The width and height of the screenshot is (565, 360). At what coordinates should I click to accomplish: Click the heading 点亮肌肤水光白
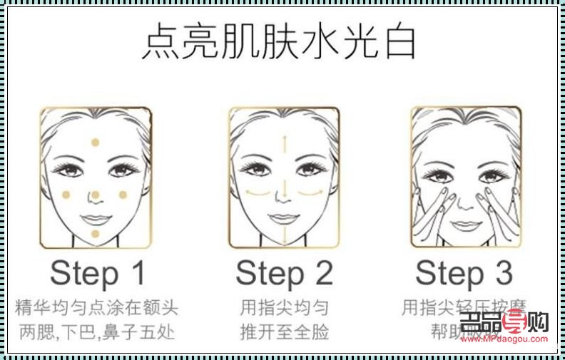coord(279,43)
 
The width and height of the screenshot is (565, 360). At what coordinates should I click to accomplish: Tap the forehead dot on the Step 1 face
coord(94,143)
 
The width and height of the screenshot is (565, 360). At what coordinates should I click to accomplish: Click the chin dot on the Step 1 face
coord(94,234)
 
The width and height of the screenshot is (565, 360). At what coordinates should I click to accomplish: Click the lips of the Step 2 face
coord(283,216)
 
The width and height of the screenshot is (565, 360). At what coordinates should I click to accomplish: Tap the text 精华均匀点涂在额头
coord(96,308)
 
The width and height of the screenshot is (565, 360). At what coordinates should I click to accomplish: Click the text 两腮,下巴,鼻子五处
coord(96,331)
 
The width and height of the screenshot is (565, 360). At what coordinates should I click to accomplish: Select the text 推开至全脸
coord(284,331)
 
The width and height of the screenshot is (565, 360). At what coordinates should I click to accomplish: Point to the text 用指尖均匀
coord(284,308)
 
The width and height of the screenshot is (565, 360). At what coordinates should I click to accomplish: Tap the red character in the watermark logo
coord(512,322)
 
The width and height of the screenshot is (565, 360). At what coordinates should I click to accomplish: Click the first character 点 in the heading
coord(159,43)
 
